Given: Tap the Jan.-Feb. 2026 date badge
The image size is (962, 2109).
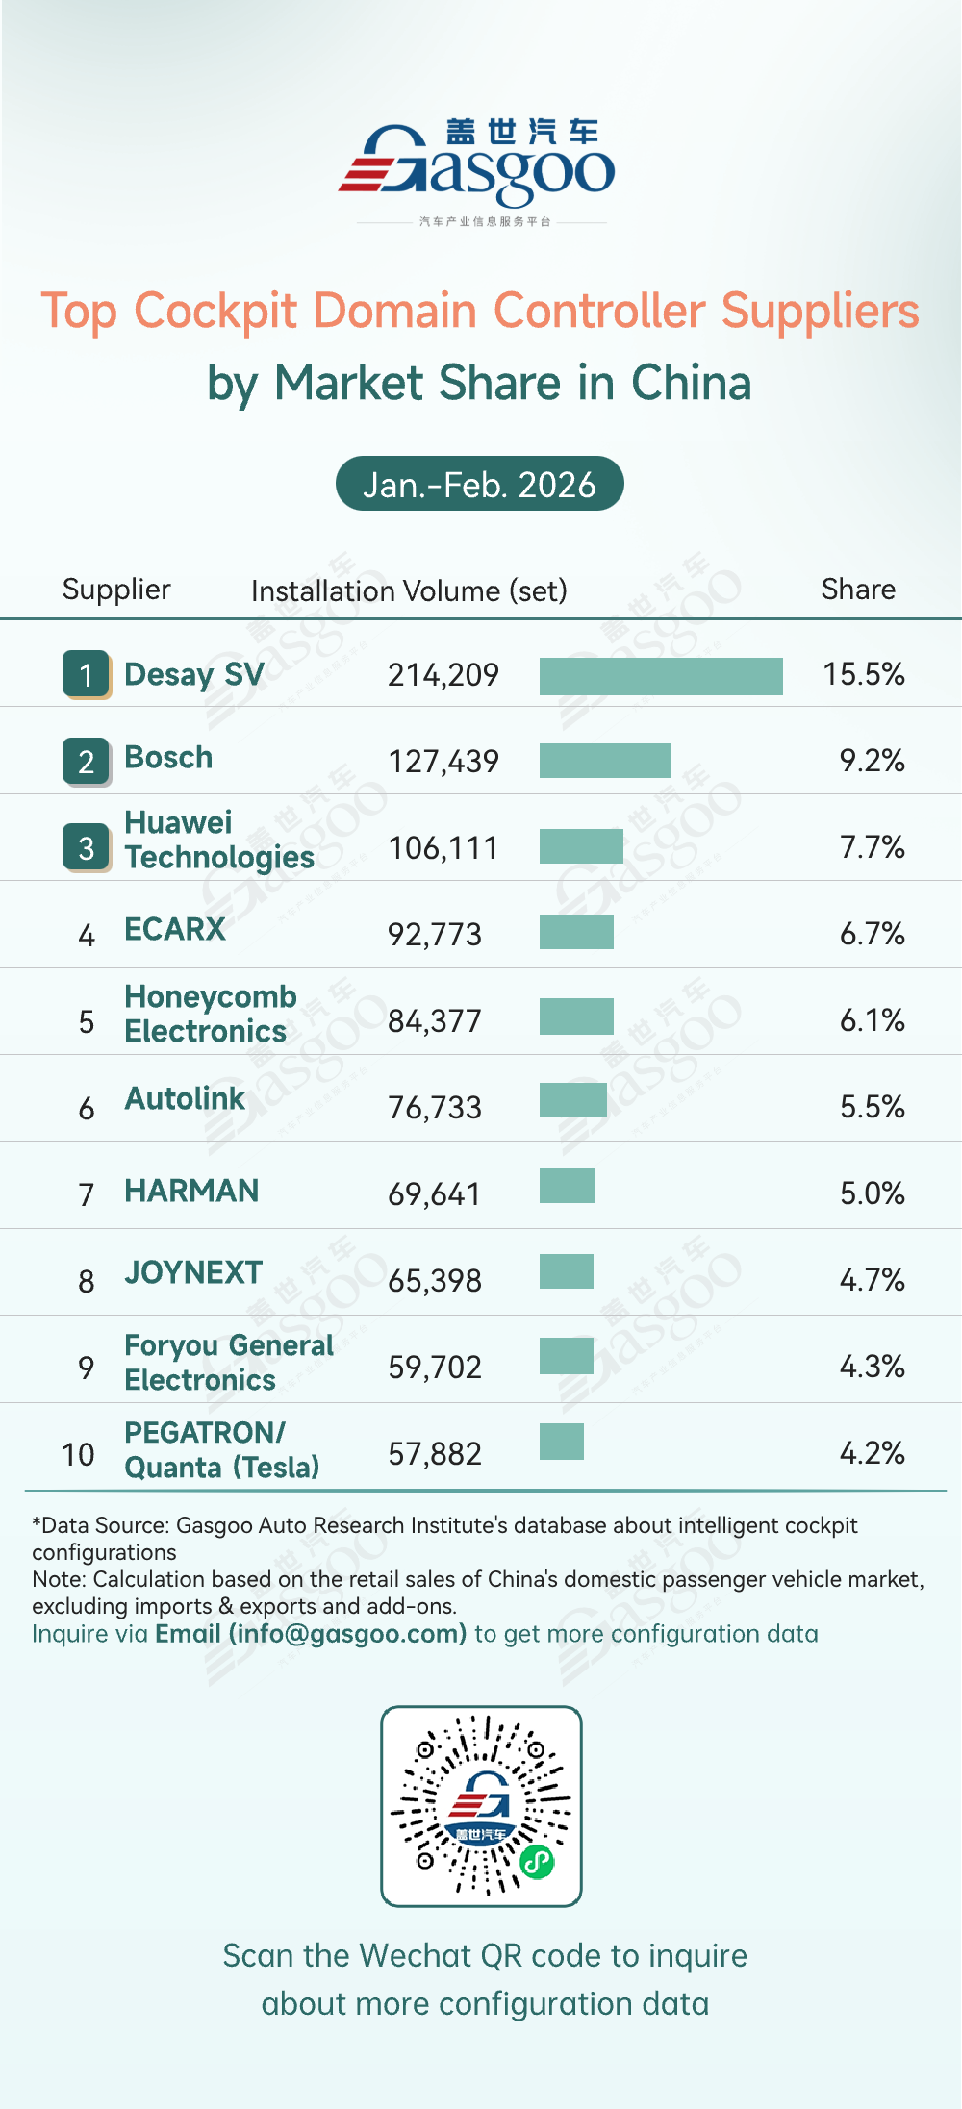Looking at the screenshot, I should pos(479,484).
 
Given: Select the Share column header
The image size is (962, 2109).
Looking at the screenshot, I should pos(858,589).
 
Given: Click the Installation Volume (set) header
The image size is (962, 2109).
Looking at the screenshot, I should pos(409,590).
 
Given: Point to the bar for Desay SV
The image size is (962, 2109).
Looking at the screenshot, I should pos(661,675).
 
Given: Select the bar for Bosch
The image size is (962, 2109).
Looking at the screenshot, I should pos(605,761).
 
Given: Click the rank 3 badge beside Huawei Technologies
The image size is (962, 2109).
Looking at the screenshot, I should pos(87,847).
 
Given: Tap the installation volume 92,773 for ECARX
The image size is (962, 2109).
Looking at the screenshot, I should pos(435,934).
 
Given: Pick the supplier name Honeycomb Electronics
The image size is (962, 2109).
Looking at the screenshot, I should pos(210,1014).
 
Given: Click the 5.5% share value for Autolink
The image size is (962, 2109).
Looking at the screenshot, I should pos(872,1107).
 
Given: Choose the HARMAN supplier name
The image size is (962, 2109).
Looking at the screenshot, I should pos(191,1192).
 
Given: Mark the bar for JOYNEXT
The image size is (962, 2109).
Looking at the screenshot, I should pos(567,1270).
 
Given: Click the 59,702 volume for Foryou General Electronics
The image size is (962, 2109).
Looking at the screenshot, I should pos(435,1367).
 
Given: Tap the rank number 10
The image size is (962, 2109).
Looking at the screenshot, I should pos(78,1454).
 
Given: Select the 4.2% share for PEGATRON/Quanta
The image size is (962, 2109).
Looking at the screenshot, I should pos(872,1453).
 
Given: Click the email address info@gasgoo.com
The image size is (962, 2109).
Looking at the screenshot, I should pos(347,1634).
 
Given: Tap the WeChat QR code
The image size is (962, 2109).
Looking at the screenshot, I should pos(481,1806).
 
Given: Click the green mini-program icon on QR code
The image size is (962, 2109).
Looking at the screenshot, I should pos(537,1862).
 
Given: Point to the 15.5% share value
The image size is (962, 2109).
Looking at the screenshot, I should pos(863,674).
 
